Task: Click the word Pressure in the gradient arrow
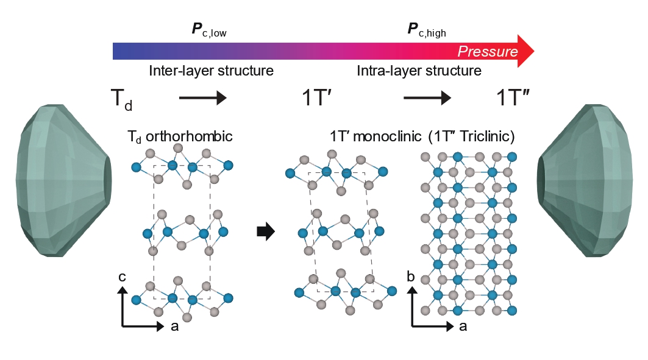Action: coord(488,51)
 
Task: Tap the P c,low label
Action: coord(209,30)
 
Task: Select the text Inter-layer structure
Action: coord(211,71)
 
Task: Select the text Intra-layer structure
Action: coord(419,71)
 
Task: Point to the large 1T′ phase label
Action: coord(318,97)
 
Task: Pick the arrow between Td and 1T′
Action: coord(202,97)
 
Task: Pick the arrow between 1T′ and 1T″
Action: coord(427,97)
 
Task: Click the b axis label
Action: coord(411,277)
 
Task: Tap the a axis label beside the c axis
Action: coord(174,326)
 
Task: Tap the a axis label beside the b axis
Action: coord(463,326)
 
